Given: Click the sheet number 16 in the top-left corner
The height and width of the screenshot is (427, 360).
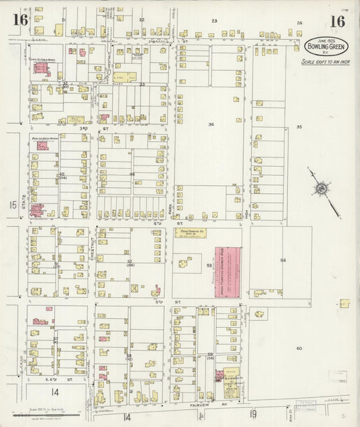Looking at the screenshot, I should pos(20,20).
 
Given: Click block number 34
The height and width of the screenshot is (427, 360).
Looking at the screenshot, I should pos(211,124).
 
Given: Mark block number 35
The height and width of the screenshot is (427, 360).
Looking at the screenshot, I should pos(299,126).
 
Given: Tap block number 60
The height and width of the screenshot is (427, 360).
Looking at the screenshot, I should pos(298,348).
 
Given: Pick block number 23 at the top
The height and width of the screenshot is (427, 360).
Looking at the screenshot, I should pos(215,21).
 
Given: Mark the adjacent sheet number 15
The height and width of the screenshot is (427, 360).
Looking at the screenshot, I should pos(11,205).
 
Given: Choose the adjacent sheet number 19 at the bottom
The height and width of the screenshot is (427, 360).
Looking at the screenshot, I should pos(254,414).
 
